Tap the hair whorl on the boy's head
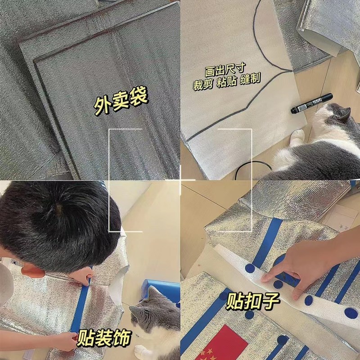tap(57, 208)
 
